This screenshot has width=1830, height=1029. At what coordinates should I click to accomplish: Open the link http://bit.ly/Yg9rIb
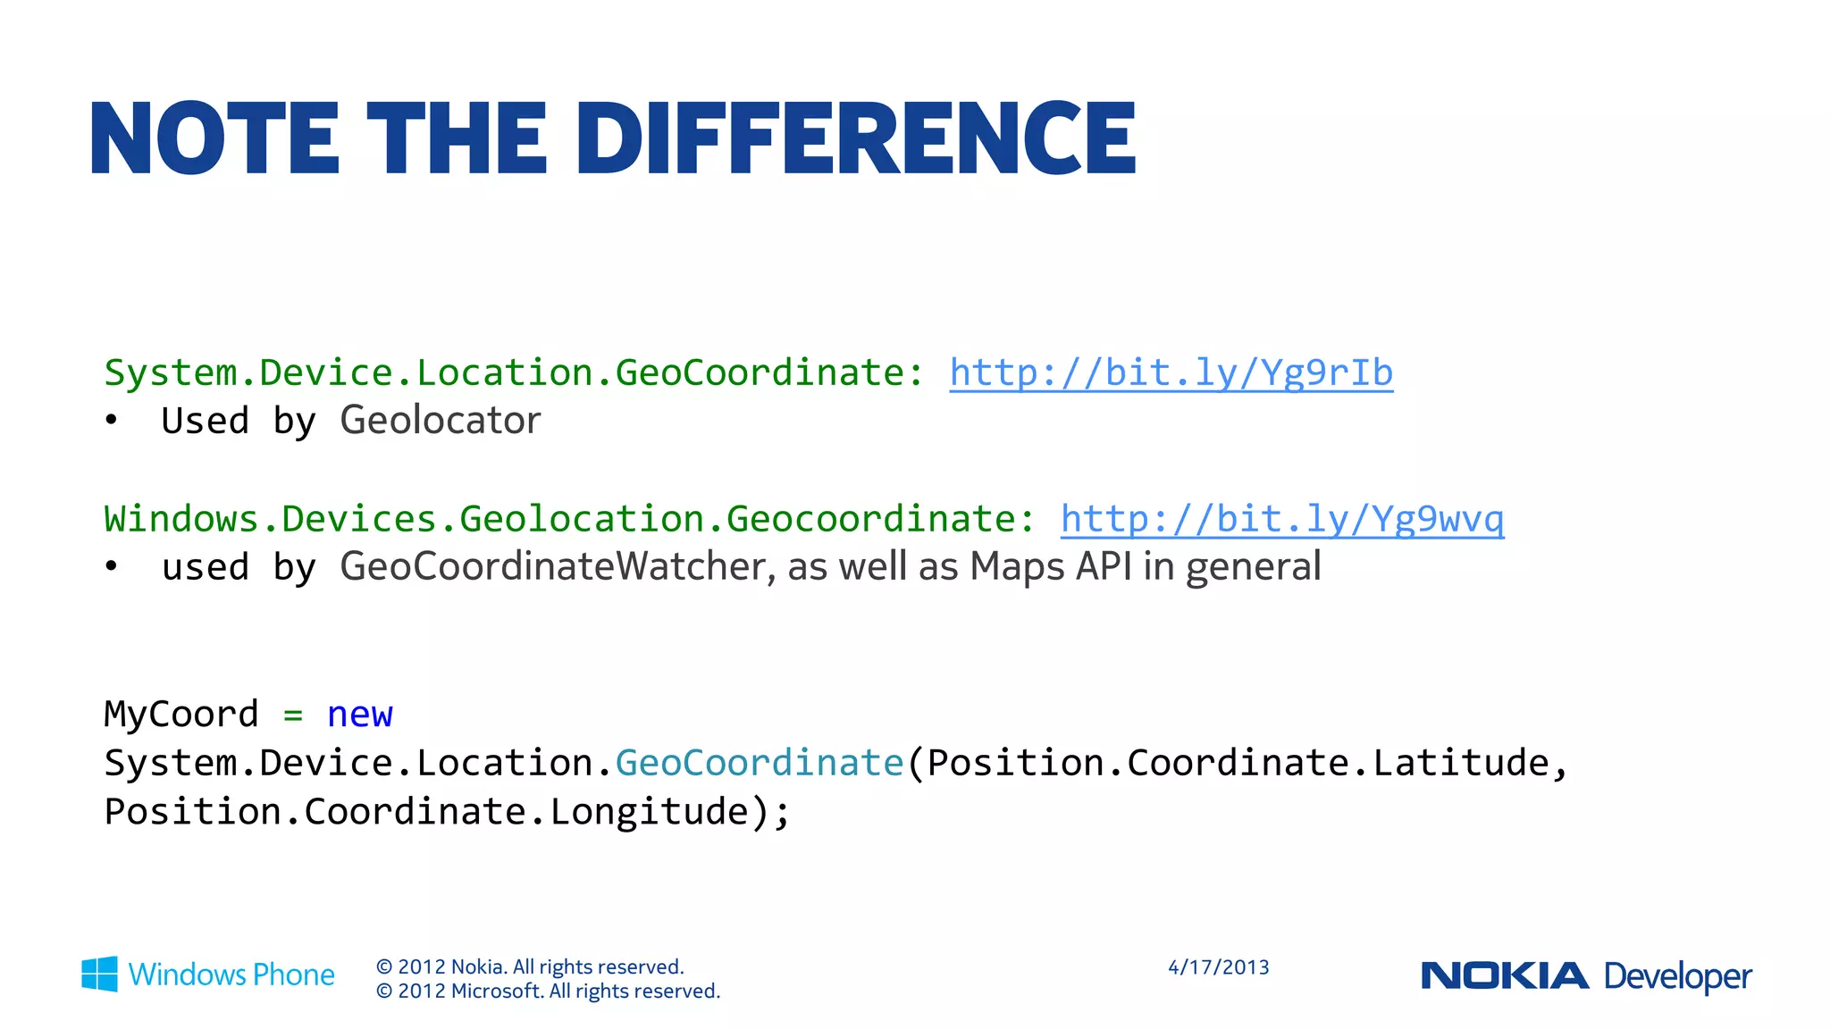coord(1171,373)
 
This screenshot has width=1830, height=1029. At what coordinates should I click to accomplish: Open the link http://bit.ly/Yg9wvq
coord(1282,520)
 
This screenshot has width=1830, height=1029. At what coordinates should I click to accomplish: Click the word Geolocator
coord(440,421)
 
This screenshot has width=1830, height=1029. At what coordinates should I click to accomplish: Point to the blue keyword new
coord(360,715)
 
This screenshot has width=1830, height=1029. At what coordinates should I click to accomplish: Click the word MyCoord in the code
coord(181,715)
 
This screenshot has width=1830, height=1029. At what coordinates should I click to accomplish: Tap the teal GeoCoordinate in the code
coord(760,763)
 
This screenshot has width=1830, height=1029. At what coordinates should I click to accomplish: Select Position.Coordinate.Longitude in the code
coord(427,812)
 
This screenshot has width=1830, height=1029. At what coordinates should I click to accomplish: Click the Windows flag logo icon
coord(99,974)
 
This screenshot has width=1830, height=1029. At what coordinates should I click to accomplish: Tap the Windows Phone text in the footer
coord(231,975)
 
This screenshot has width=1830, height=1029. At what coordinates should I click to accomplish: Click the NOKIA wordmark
coord(1505,975)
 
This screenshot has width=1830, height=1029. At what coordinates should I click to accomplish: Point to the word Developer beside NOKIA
coord(1678,976)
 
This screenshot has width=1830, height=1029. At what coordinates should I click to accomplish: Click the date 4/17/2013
coord(1219,967)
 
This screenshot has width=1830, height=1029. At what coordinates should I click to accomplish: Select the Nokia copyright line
coord(530,966)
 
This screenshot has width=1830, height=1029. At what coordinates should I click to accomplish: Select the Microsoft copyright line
coord(548,991)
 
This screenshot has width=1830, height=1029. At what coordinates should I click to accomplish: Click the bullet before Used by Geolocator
coord(111,421)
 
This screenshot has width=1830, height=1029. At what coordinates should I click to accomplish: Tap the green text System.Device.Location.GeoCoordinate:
coord(514,373)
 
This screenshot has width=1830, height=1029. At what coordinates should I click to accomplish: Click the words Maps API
coord(1051,567)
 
